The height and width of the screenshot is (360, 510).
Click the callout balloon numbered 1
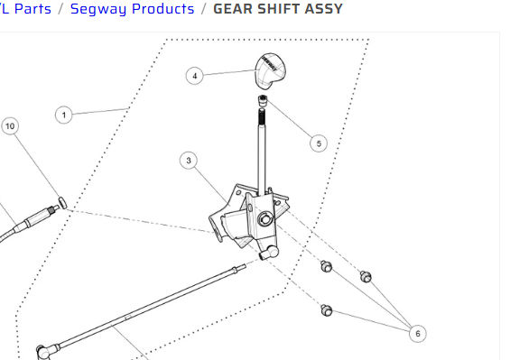tap(63, 115)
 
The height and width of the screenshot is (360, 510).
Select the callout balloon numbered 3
tap(189, 161)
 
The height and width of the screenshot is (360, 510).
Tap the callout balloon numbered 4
tap(195, 76)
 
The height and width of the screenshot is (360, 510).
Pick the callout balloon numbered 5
tap(317, 143)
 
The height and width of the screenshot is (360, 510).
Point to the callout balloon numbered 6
tap(417, 333)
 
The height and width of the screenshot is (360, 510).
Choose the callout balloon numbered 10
tap(10, 126)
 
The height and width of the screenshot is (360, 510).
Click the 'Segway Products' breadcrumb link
tap(132, 9)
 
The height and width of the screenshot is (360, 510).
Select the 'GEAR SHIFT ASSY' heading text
tap(278, 9)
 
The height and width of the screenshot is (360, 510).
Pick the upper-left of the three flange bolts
tap(327, 266)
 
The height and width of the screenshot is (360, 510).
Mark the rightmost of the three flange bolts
tap(365, 276)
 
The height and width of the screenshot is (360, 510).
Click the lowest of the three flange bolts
tap(327, 310)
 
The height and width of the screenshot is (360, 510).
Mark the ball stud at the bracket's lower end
tap(264, 255)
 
